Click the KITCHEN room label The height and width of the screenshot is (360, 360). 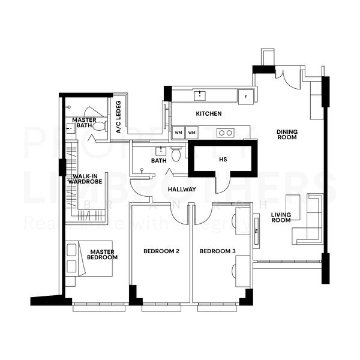click(x=208, y=113)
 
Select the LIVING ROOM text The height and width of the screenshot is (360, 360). click(x=280, y=217)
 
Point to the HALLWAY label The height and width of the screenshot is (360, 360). click(x=182, y=189)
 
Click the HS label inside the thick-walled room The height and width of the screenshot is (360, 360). click(x=223, y=160)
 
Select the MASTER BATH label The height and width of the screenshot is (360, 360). click(x=85, y=122)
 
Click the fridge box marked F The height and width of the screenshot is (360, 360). click(x=245, y=97)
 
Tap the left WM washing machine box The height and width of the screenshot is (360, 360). click(x=178, y=133)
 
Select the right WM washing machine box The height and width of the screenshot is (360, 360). click(x=191, y=133)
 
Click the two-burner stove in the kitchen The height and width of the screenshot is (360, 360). click(x=225, y=133)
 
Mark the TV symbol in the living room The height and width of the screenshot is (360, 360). click(x=257, y=230)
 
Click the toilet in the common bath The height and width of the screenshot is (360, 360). click(x=176, y=155)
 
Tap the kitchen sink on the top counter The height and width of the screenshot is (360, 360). click(x=200, y=95)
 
